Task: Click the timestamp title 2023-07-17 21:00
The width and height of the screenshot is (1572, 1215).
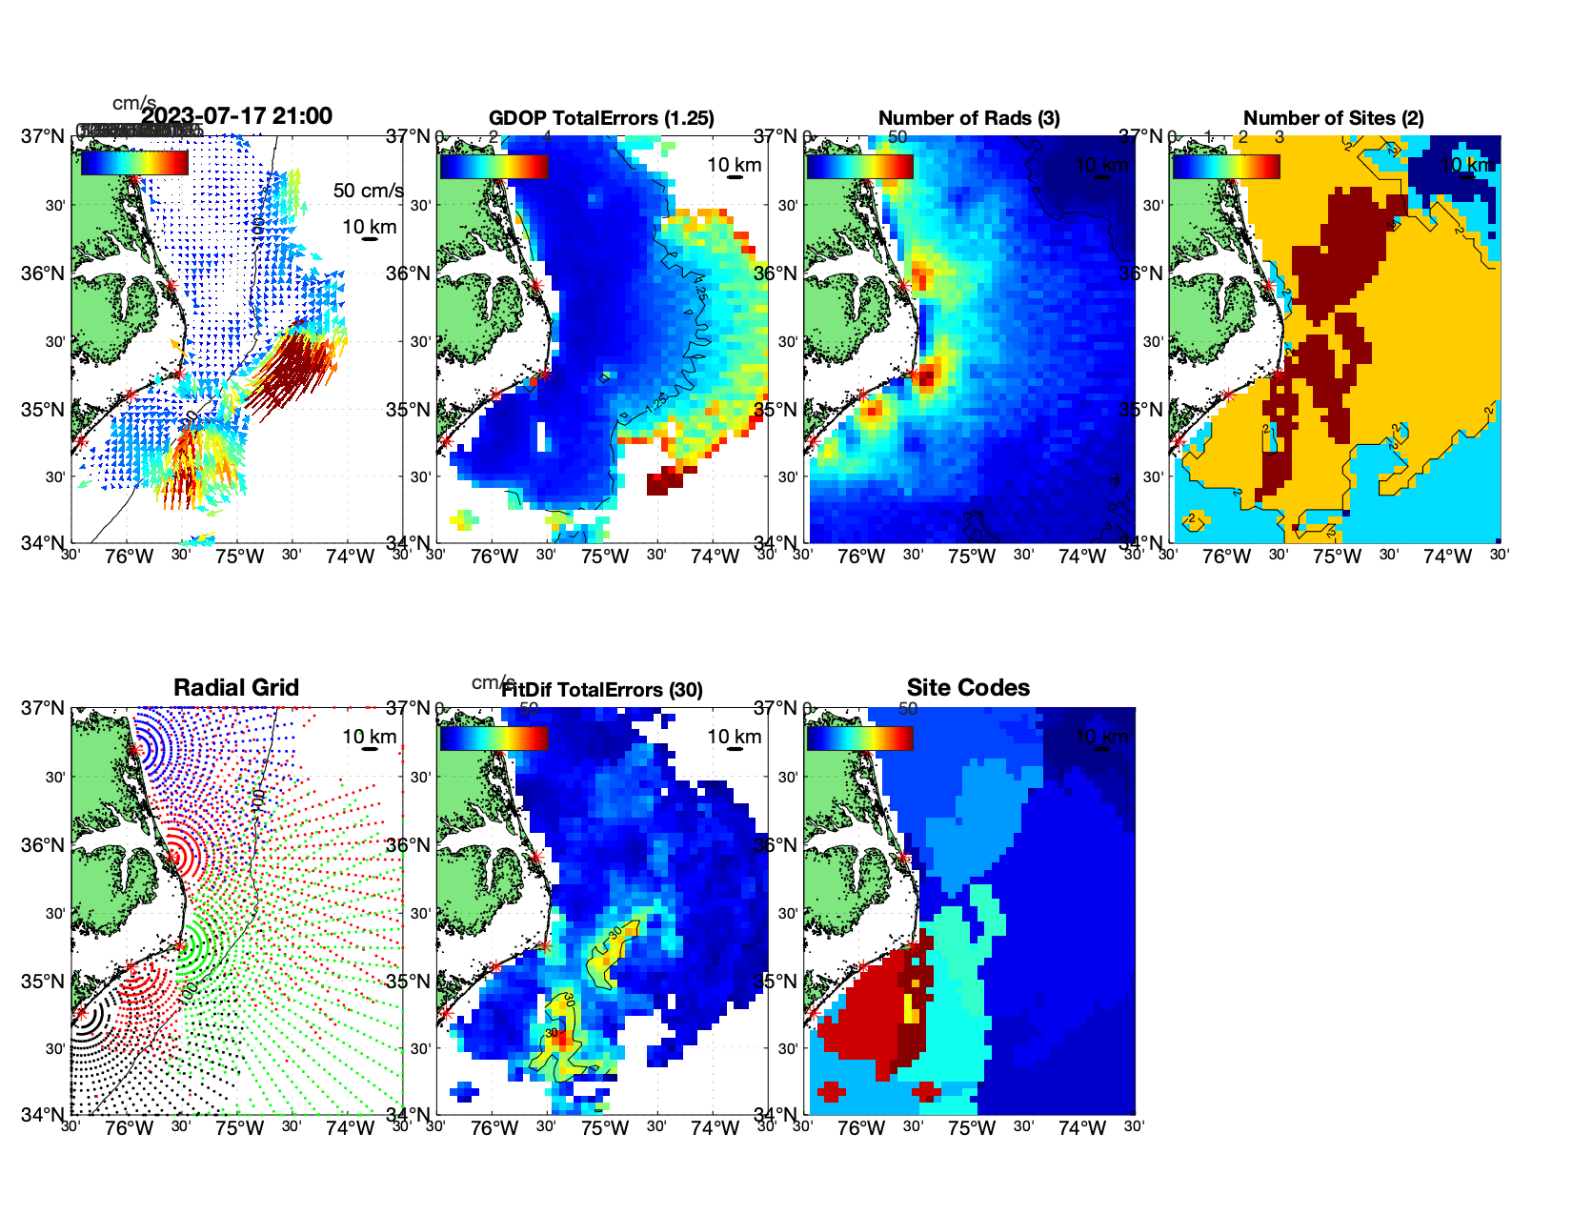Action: [236, 116]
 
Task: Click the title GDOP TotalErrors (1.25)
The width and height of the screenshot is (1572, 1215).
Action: [601, 118]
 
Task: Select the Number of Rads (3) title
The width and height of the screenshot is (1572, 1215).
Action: [968, 118]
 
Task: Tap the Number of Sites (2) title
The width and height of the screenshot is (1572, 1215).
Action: [1333, 118]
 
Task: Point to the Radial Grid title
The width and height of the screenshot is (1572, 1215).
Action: [236, 688]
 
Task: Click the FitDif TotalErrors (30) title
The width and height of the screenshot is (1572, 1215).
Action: [601, 690]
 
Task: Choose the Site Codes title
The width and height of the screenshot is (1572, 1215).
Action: [968, 688]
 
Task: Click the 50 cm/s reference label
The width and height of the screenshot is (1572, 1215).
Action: [368, 191]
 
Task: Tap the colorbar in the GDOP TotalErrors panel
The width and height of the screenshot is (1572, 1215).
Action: [494, 166]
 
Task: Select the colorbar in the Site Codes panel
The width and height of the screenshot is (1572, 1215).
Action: [859, 739]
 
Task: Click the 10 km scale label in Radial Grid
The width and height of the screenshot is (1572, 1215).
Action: [369, 737]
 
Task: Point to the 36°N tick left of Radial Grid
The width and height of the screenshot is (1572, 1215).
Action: [44, 845]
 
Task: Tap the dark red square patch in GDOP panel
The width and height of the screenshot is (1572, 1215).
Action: [664, 483]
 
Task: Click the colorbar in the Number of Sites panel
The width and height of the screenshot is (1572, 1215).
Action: [1225, 166]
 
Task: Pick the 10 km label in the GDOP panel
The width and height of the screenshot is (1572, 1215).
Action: [734, 165]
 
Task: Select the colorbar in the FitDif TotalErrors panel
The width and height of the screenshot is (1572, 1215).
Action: [494, 739]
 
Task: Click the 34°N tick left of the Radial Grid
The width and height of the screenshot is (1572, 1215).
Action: [44, 1115]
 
